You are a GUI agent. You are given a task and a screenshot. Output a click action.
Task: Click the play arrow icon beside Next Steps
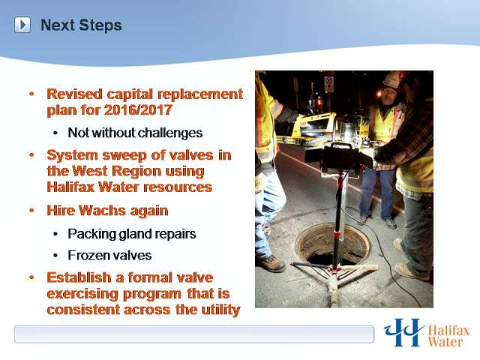22,25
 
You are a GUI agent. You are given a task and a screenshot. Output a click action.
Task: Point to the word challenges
170,133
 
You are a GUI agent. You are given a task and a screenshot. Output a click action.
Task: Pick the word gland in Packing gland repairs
136,234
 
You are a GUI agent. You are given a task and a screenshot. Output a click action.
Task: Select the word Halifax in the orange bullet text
70,187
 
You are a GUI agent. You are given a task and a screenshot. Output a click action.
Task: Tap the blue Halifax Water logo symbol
404,332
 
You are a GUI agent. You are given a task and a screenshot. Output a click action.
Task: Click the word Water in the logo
445,342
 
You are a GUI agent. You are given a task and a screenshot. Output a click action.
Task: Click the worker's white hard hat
392,79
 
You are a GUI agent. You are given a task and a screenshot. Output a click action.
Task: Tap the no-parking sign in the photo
329,84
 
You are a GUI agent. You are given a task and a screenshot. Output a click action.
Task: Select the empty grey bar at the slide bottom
194,334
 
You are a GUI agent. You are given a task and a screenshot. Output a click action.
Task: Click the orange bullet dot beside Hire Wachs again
31,211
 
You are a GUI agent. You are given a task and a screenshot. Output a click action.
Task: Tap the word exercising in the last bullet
82,294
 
